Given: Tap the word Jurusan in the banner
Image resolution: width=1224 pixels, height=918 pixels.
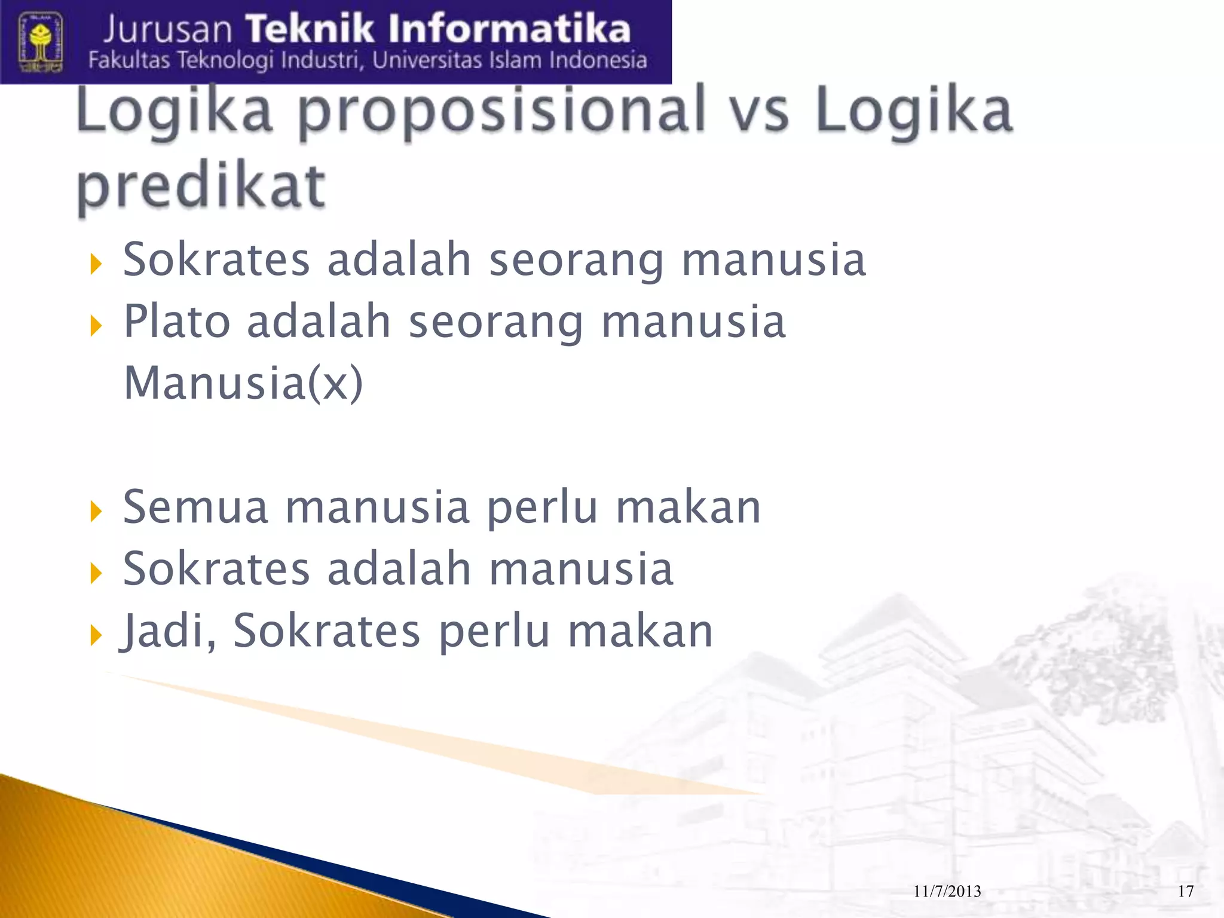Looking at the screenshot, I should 167,30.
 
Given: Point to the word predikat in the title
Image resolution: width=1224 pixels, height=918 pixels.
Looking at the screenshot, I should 201,186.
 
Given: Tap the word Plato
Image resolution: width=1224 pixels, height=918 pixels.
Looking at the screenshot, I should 177,322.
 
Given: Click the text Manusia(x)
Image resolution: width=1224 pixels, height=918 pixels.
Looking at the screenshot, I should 243,382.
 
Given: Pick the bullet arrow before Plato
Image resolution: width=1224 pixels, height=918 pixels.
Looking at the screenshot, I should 96,326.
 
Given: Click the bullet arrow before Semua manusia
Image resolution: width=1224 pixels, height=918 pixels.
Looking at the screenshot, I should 96,511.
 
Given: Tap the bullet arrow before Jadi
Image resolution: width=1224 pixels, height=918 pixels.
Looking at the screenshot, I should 96,635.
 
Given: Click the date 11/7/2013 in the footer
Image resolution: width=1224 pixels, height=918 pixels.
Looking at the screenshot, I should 947,892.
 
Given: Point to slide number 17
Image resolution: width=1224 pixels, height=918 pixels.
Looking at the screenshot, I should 1186,892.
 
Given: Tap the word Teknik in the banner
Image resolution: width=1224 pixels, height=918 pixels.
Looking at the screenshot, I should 326,29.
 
